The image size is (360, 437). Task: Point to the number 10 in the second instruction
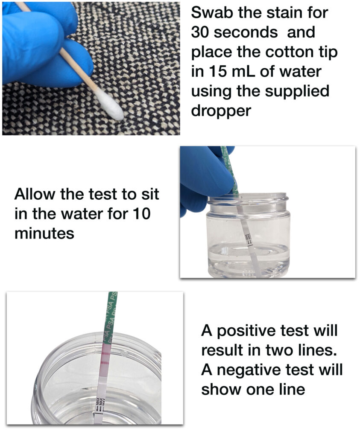(141, 214)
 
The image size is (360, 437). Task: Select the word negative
(253, 370)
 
